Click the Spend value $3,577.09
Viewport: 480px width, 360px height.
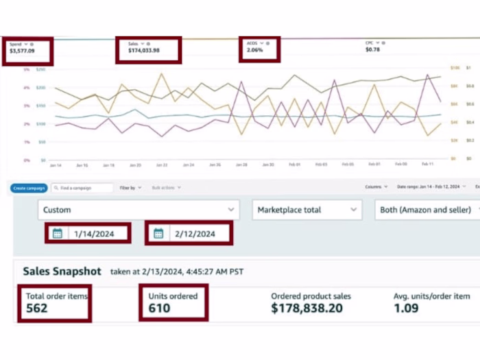click(23, 51)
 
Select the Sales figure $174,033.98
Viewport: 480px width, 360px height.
click(144, 51)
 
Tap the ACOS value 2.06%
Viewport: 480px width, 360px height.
click(254, 51)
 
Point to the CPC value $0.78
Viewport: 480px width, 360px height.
click(372, 50)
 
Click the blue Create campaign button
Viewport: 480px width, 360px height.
click(29, 188)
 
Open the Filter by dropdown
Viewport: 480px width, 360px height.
click(131, 188)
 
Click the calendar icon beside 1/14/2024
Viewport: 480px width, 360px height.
click(58, 234)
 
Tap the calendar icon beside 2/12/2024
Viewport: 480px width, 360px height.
click(158, 234)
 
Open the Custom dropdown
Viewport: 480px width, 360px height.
click(138, 210)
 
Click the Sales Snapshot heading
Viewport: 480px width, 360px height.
click(62, 271)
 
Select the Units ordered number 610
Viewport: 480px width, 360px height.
click(160, 309)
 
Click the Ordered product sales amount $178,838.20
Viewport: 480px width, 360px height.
click(307, 309)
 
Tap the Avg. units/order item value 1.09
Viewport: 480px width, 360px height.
click(407, 309)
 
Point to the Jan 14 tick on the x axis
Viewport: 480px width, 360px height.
click(56, 165)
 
